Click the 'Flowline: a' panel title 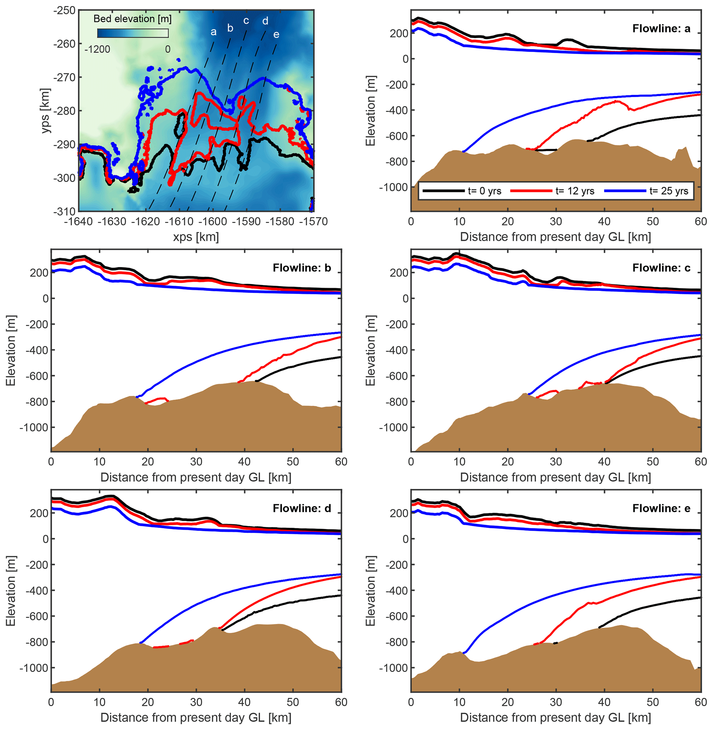pyautogui.click(x=661, y=29)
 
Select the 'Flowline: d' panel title pyautogui.click(x=302, y=508)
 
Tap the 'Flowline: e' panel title pyautogui.click(x=661, y=508)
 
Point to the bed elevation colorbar pyautogui.click(x=133, y=33)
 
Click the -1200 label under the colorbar pyautogui.click(x=97, y=49)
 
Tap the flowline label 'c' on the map pyautogui.click(x=246, y=21)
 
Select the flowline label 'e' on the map pyautogui.click(x=276, y=35)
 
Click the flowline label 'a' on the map pyautogui.click(x=213, y=32)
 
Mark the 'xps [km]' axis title pyautogui.click(x=196, y=237)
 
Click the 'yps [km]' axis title pyautogui.click(x=45, y=110)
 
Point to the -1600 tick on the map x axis pyautogui.click(x=213, y=222)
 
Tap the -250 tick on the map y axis pyautogui.click(x=65, y=10)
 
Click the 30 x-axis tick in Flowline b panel pyautogui.click(x=196, y=461)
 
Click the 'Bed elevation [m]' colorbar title pyautogui.click(x=132, y=19)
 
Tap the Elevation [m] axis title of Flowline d pyautogui.click(x=10, y=591)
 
